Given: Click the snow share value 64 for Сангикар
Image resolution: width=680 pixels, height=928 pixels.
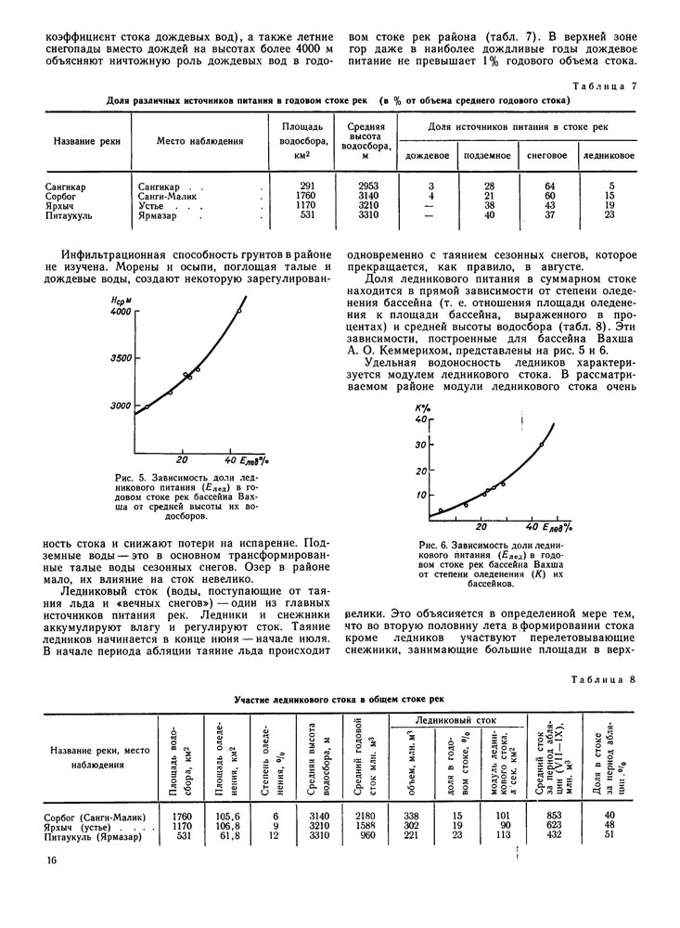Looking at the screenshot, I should [x=549, y=187].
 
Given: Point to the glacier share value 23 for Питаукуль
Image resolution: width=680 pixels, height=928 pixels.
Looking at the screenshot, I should [x=609, y=215].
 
